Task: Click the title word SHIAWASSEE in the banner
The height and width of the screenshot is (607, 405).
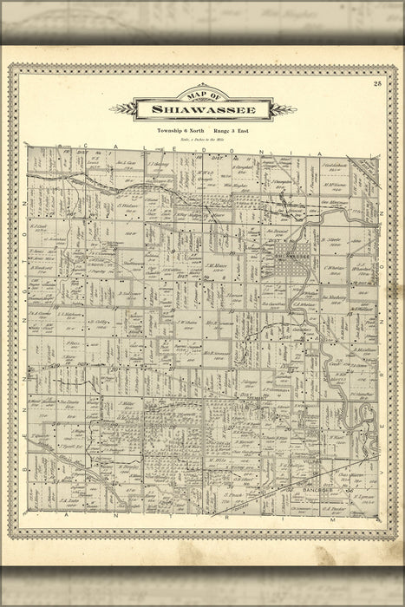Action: point(203,110)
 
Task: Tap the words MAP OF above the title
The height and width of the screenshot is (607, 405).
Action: point(203,95)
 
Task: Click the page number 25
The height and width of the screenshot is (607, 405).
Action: point(377,83)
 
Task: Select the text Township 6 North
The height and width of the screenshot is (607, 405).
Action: point(178,130)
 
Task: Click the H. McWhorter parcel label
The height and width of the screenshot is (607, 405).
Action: point(334,183)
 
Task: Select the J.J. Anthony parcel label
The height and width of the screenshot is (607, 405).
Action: point(159,163)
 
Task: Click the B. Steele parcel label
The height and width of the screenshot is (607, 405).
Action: point(330,238)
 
